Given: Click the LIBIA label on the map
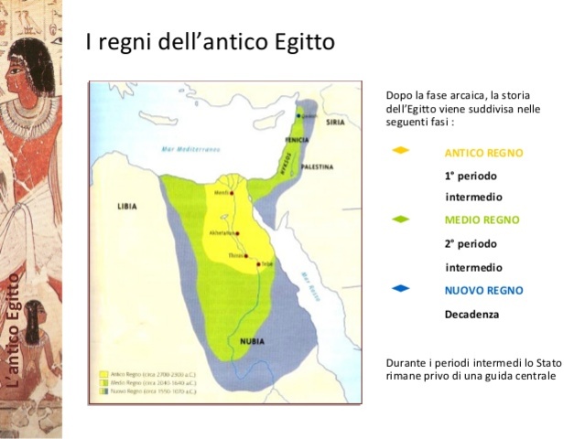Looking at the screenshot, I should click(126, 207).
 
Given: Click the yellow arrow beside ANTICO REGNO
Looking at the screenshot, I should click(400, 151).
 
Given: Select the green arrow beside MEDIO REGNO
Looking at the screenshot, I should click(400, 219).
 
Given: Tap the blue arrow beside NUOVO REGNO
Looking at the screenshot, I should click(400, 289).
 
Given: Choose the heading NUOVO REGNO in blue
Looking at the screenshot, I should click(483, 290).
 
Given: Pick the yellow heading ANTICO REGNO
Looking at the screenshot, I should click(483, 153).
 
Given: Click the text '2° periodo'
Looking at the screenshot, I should click(471, 244).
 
